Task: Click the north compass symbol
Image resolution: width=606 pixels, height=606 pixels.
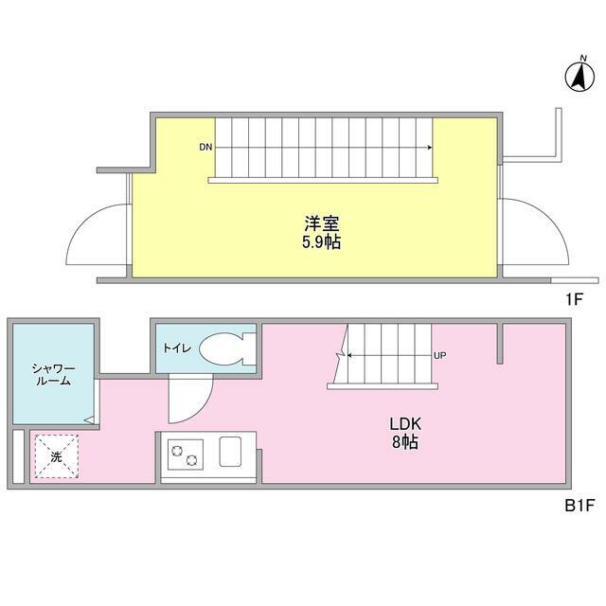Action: (x=577, y=76)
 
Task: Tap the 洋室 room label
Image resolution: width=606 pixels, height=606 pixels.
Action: (x=322, y=224)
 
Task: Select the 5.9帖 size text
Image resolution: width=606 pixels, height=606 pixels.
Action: (x=322, y=242)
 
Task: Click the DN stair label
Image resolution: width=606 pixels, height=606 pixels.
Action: (x=205, y=148)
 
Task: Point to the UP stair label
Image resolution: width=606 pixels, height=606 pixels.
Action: (x=439, y=356)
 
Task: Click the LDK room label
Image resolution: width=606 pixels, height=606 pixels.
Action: (x=403, y=423)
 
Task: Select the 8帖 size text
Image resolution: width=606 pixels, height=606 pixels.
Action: (x=403, y=441)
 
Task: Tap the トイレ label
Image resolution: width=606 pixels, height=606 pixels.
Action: (x=177, y=348)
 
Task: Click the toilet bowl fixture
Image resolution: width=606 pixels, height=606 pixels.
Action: (x=223, y=348)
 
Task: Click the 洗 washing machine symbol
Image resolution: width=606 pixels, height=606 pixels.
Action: (x=56, y=456)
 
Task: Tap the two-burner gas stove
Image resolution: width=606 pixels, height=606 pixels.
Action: (x=186, y=454)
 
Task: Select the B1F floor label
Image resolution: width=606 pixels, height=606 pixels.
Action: (x=578, y=506)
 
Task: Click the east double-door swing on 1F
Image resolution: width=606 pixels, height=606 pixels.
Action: (x=536, y=232)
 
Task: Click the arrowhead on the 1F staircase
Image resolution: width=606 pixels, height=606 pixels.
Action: (x=431, y=148)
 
